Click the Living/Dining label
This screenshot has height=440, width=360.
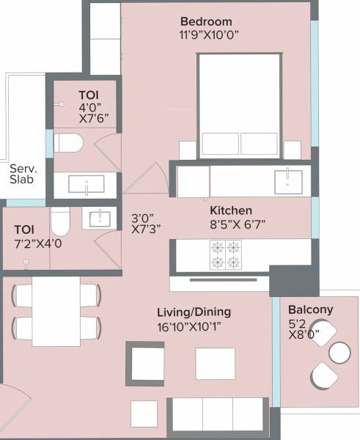pos(193,312)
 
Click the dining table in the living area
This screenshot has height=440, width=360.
pos(56,311)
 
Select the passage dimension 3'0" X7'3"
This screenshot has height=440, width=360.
pos(146,223)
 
